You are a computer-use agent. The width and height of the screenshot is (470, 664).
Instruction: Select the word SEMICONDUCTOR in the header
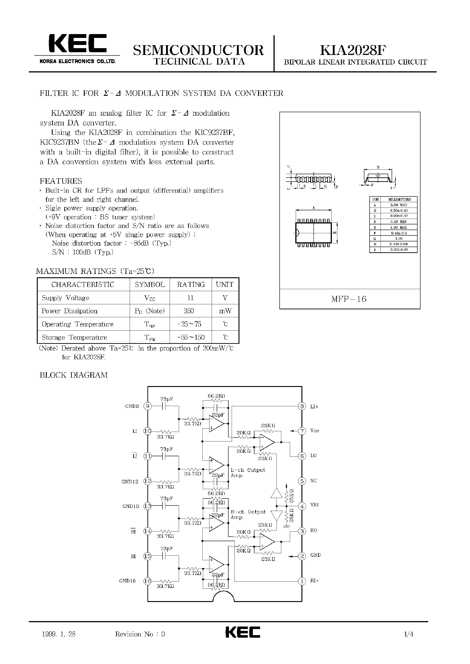[x=198, y=50]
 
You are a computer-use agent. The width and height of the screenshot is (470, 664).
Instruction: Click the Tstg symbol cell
[x=150, y=337]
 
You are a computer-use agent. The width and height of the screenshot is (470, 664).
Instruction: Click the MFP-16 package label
[x=349, y=299]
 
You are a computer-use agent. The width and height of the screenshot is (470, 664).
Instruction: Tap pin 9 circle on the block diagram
[x=148, y=406]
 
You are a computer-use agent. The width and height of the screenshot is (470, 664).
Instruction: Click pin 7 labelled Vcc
[x=302, y=431]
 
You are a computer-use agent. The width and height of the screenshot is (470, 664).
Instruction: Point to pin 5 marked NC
[x=302, y=481]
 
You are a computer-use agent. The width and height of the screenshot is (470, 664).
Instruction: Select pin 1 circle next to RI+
[x=302, y=581]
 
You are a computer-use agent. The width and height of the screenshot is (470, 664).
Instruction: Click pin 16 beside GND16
[x=148, y=581]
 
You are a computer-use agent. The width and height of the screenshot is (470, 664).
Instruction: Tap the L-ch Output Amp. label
[x=247, y=473]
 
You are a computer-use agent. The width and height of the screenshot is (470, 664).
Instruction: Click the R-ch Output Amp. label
[x=248, y=514]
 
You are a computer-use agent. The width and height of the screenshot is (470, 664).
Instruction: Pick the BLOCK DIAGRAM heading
[x=74, y=375]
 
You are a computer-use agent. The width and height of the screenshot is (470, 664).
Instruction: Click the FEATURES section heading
[x=61, y=181]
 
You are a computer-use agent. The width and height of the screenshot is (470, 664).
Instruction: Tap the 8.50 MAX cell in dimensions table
[x=399, y=205]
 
